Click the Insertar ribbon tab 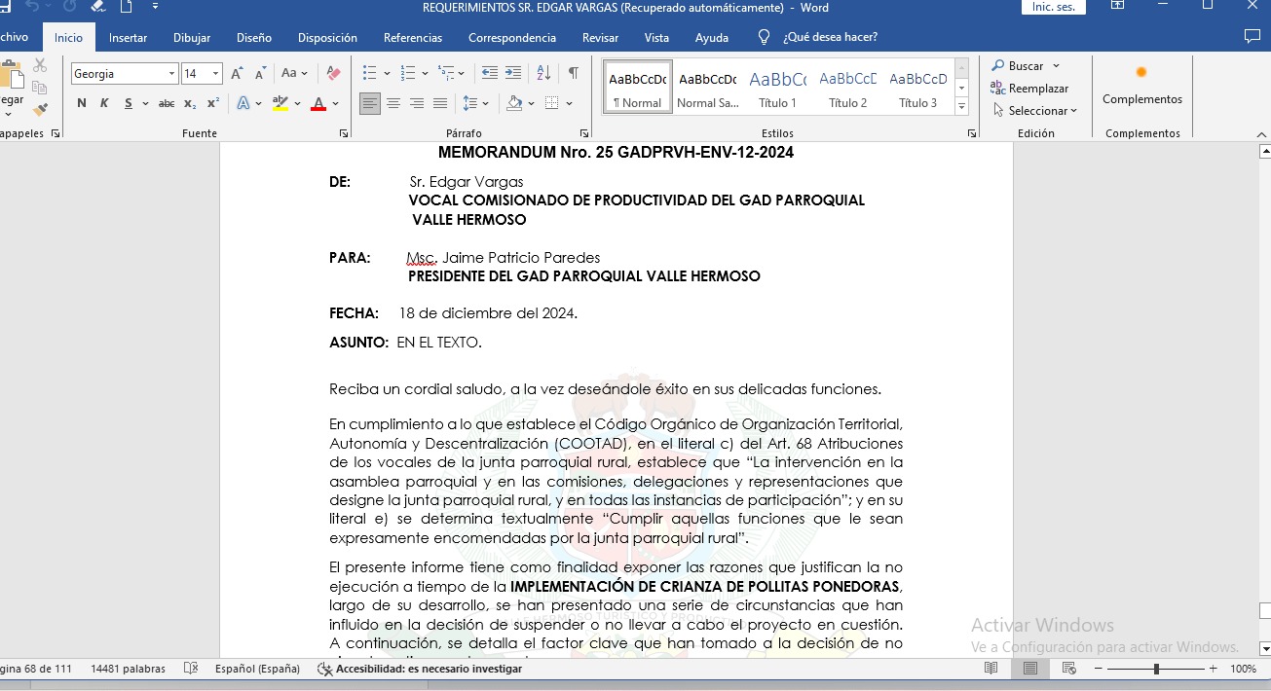[128, 38]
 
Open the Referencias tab [413, 38]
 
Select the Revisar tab [600, 38]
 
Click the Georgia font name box [119, 74]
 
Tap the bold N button [81, 103]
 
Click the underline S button [128, 103]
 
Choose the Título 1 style [777, 88]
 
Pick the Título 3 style [917, 88]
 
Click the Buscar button [1026, 66]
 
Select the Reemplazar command [1038, 89]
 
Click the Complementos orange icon [1141, 73]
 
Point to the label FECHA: [354, 313]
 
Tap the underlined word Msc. [422, 258]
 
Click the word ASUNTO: [358, 343]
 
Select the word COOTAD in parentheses [594, 443]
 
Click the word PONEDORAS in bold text [851, 586]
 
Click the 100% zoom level [1243, 669]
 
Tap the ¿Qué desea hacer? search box [830, 38]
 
